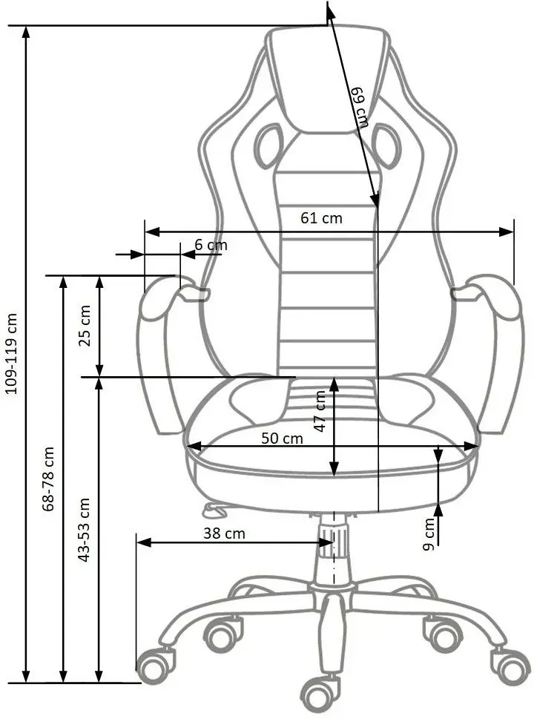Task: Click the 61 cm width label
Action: (321, 218)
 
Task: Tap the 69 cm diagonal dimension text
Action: (360, 108)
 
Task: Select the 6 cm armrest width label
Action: (211, 245)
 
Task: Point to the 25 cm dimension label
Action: (85, 326)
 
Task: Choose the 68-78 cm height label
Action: (47, 479)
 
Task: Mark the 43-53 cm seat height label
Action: (84, 530)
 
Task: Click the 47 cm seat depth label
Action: (320, 411)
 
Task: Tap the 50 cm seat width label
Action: (283, 439)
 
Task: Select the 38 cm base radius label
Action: (224, 533)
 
